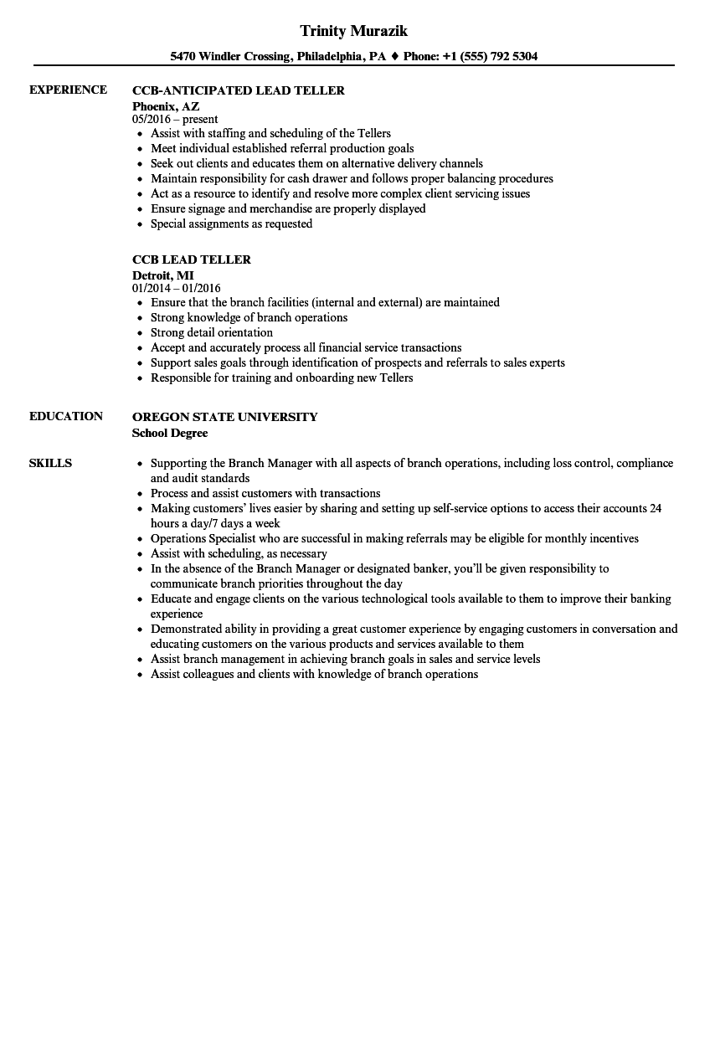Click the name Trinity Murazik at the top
pos(353,31)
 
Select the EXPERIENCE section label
pos(68,90)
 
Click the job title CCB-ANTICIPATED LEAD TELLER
pos(239,90)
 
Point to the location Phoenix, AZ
pos(166,105)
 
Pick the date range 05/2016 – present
pos(175,119)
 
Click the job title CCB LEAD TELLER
pos(192,259)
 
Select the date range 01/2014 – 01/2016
pos(177,288)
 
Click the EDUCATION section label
pos(66,416)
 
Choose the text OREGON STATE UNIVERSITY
pos(225,417)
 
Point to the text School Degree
pos(170,433)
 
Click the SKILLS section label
pos(50,463)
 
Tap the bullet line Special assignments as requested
pos(231,224)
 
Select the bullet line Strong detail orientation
pos(212,332)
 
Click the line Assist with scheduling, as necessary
pos(239,553)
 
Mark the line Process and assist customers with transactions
pos(265,493)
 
